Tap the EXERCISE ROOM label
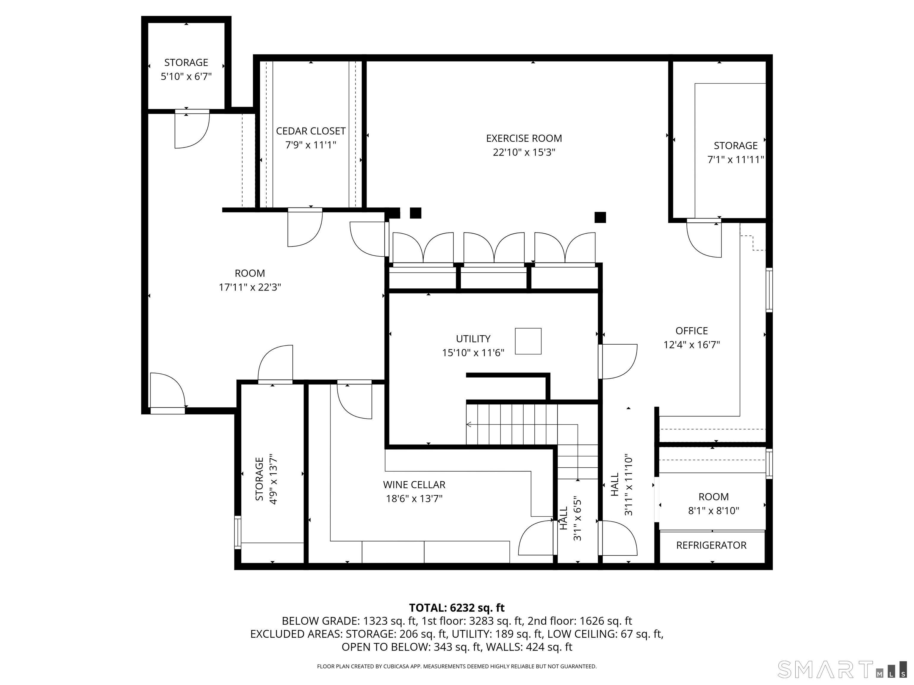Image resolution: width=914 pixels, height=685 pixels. (524, 138)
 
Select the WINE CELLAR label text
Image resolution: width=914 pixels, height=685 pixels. (414, 484)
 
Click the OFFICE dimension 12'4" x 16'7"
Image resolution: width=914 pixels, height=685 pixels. (692, 345)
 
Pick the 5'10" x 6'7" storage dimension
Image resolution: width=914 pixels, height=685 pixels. (186, 76)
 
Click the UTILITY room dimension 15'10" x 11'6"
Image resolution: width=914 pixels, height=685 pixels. (473, 353)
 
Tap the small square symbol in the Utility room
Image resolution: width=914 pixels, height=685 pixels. (528, 341)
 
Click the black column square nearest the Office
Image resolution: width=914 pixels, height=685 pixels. (600, 217)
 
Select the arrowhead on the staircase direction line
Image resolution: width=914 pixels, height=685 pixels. (469, 424)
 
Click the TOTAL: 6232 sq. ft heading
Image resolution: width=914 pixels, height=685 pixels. (457, 608)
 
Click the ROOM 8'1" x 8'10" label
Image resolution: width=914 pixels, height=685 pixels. (713, 504)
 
